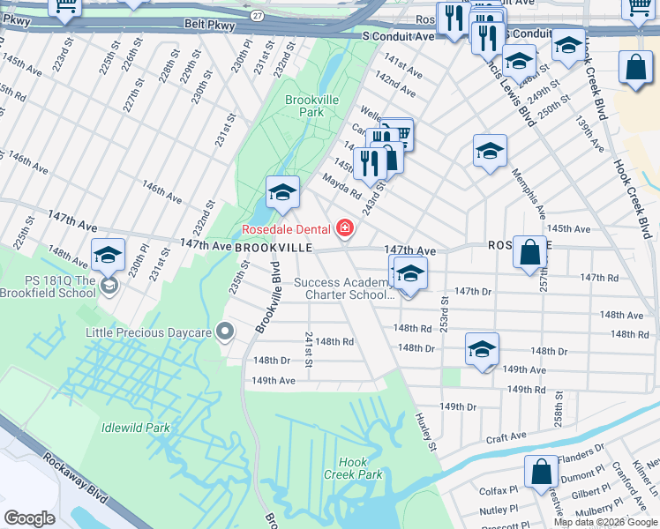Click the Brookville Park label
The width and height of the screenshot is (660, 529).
[311, 107]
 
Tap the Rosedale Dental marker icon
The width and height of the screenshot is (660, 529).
[345, 230]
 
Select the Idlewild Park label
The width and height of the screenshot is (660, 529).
[135, 428]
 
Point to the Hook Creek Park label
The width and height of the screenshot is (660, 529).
[360, 468]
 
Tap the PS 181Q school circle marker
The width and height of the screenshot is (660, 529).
[109, 285]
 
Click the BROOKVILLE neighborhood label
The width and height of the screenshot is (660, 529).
[273, 249]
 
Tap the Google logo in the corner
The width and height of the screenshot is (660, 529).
[29, 518]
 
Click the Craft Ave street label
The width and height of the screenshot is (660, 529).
[506, 437]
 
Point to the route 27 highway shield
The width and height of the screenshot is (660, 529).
[256, 16]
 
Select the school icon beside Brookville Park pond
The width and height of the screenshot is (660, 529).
[282, 194]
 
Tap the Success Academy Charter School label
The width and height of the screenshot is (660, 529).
[344, 288]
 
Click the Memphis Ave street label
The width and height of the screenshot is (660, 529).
[531, 194]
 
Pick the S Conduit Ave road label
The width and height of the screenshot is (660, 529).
[399, 36]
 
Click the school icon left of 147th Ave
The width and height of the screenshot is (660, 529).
[109, 257]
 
